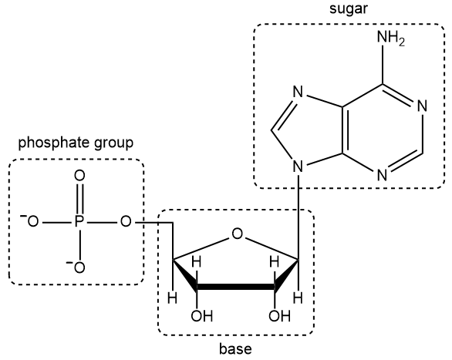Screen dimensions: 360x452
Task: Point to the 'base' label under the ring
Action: (x=235, y=349)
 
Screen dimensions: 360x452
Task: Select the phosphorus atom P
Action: (x=78, y=223)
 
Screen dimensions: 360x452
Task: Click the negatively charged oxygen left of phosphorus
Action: (x=31, y=223)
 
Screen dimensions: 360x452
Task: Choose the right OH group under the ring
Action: (x=277, y=315)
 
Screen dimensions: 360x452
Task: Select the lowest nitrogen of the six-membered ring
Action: (x=382, y=174)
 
